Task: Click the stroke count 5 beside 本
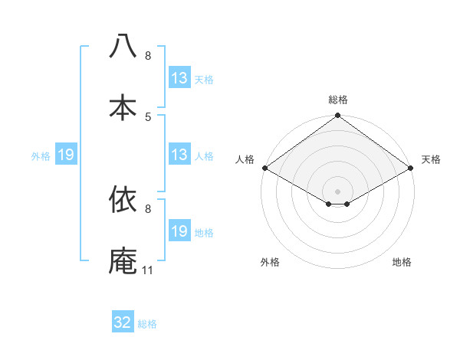pos(148,116)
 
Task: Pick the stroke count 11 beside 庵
pos(148,270)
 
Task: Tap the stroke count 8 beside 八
pos(148,55)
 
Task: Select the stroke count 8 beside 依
pos(148,208)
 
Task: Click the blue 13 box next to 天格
pos(179,78)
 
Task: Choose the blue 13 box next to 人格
pos(179,155)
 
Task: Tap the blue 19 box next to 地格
pos(179,231)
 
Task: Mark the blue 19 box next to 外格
pos(66,155)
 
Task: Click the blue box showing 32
pos(123,322)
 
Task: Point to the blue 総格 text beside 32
pos(147,324)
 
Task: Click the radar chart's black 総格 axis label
pos(337,100)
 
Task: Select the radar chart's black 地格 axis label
pos(402,263)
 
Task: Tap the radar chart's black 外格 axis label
pos(270,263)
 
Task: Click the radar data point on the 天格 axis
pos(411,168)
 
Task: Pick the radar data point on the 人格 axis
pos(264,168)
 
